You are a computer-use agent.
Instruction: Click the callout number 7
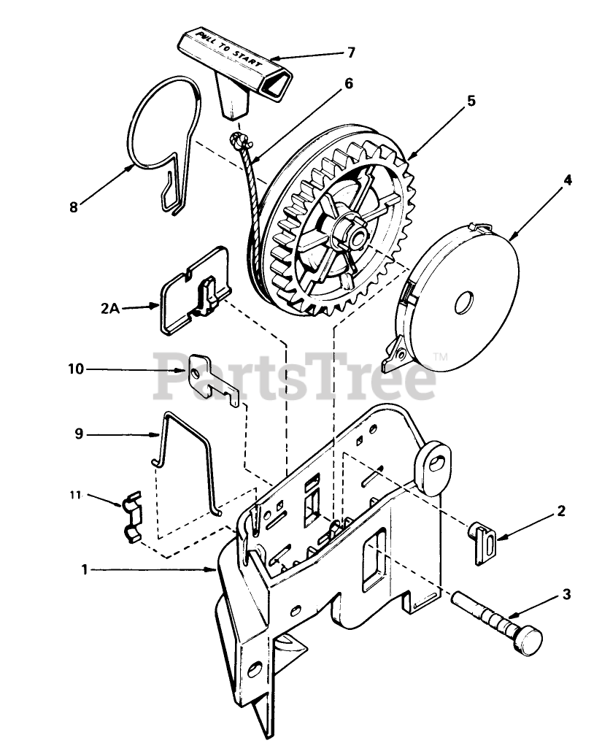point(351,53)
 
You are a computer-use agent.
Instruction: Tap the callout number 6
point(348,83)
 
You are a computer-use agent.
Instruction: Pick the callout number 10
point(77,369)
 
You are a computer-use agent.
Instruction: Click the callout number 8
point(73,207)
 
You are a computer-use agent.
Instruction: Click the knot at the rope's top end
point(237,139)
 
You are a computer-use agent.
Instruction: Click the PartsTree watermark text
point(292,377)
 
